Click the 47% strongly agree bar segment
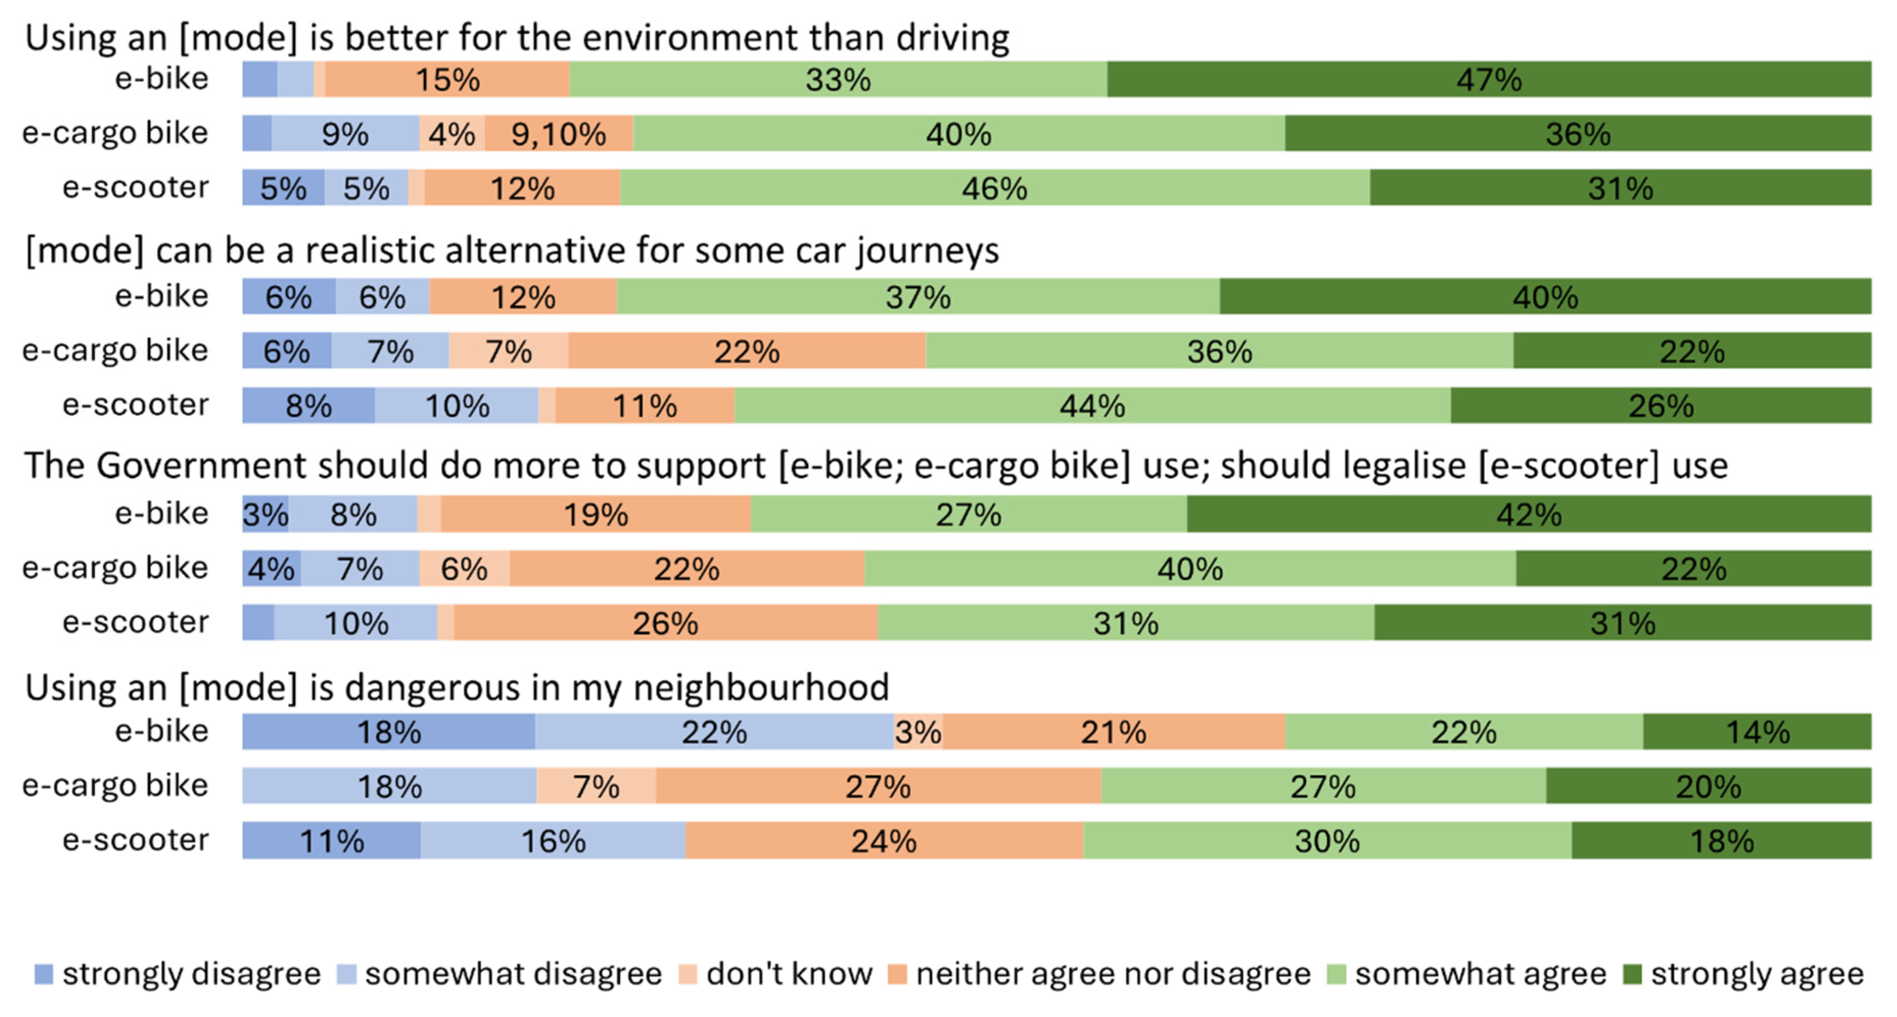(x=1489, y=79)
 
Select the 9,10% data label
(x=558, y=134)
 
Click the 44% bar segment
(x=1093, y=405)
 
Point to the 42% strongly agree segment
(x=1529, y=513)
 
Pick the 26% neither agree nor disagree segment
(x=666, y=622)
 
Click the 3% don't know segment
(x=918, y=731)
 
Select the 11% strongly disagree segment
(x=332, y=840)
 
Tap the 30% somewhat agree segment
(x=1328, y=840)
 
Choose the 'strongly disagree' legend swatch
(x=44, y=974)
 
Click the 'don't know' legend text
(x=789, y=974)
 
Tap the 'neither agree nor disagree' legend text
(x=1113, y=974)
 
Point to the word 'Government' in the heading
(x=202, y=465)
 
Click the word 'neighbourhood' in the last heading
(x=761, y=688)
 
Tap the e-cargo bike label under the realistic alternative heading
(x=115, y=350)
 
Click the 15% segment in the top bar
(x=447, y=79)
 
